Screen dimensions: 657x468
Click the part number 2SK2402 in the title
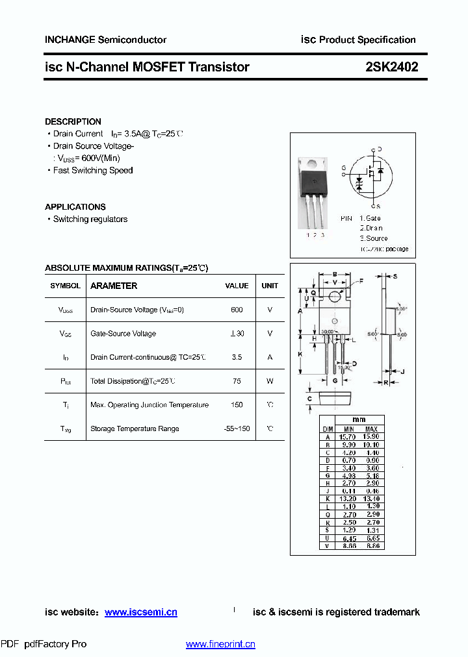pyautogui.click(x=391, y=66)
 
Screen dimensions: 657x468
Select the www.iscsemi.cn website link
pyautogui.click(x=140, y=612)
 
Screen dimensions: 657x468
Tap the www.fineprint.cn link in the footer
pyautogui.click(x=220, y=644)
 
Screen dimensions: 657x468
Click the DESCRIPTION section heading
pyautogui.click(x=73, y=121)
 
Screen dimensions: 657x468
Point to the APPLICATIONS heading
pyautogui.click(x=75, y=206)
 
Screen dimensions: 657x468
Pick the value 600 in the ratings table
pyautogui.click(x=237, y=310)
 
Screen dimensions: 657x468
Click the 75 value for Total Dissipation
pyautogui.click(x=237, y=381)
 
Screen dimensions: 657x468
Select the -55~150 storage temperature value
pyautogui.click(x=237, y=428)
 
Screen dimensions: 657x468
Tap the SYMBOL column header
pyautogui.click(x=65, y=286)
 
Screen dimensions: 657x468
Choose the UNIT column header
pyautogui.click(x=270, y=286)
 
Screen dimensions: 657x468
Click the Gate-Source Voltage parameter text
pyautogui.click(x=123, y=334)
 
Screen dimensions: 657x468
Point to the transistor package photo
pyautogui.click(x=313, y=193)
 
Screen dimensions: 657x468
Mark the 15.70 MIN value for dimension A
pyautogui.click(x=348, y=438)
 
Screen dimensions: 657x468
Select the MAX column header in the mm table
pyautogui.click(x=371, y=429)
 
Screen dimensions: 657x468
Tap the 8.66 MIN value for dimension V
pyautogui.click(x=348, y=546)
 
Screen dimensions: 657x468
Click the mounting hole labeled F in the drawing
pyautogui.click(x=335, y=297)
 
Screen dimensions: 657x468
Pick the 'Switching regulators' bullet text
pyautogui.click(x=90, y=219)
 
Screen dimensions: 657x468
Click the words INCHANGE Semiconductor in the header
pyautogui.click(x=105, y=40)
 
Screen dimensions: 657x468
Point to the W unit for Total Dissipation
pyautogui.click(x=270, y=381)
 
